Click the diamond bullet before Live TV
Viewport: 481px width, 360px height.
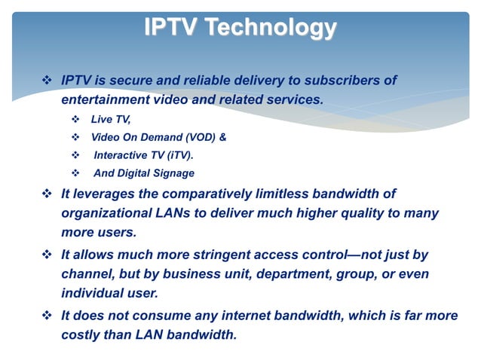click(74, 120)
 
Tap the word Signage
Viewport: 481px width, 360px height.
click(174, 173)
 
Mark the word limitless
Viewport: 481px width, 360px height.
click(275, 194)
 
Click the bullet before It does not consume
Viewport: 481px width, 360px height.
click(50, 316)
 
